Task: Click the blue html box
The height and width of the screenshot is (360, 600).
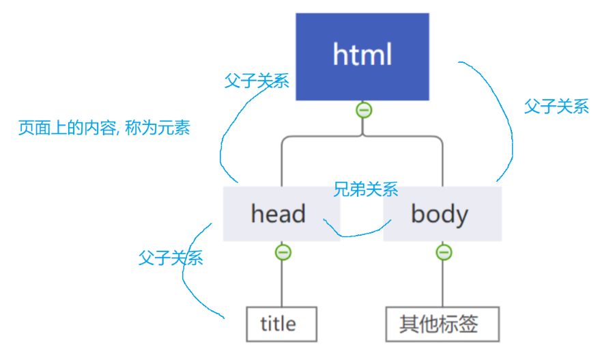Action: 362,57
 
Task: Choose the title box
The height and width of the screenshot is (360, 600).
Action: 281,324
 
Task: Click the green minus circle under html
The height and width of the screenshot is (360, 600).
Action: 364,109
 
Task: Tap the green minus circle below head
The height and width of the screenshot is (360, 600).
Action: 283,252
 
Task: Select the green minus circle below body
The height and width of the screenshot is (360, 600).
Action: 443,252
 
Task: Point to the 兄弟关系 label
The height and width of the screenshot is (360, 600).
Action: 365,189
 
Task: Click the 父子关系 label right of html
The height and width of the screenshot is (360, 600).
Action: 556,107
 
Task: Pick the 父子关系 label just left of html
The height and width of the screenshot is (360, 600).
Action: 257,81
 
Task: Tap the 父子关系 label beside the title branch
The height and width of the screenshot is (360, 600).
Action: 171,258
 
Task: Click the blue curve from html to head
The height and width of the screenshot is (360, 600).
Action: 225,137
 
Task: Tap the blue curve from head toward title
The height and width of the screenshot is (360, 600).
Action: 185,273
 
